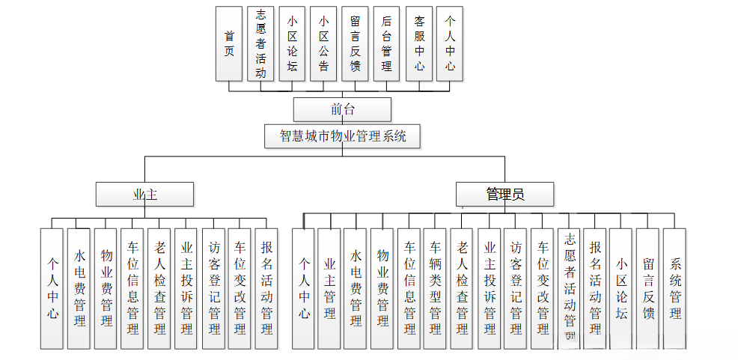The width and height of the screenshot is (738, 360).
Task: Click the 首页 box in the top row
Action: coord(228,43)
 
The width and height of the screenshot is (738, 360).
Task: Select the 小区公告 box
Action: coord(323,43)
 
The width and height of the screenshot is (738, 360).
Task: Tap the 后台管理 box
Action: coord(386,43)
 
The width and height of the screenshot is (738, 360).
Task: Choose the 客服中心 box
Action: coord(419,43)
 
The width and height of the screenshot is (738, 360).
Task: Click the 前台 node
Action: coord(342,109)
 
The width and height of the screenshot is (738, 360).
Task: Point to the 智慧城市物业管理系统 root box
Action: coord(342,136)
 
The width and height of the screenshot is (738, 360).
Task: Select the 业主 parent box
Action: coord(144,195)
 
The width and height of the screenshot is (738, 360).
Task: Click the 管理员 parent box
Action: coord(505,195)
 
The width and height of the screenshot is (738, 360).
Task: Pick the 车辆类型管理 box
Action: coord(436,288)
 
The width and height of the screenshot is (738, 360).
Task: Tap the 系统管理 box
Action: coord(675,288)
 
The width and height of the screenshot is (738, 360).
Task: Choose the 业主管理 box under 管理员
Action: coord(329,288)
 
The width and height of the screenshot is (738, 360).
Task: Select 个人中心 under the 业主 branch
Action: coord(52,288)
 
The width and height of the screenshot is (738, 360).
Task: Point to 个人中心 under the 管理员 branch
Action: coord(303,288)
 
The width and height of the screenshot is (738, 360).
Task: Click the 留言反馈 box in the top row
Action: coord(355,43)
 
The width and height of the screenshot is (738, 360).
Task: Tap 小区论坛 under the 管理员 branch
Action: coord(621,288)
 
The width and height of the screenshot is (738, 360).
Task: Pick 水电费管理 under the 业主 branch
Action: coord(79,288)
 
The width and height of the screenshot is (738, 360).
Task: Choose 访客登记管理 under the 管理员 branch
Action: coord(516,288)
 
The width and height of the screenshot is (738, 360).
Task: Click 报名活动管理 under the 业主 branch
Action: coord(266,288)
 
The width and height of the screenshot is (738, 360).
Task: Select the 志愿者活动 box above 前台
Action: coord(260,43)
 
